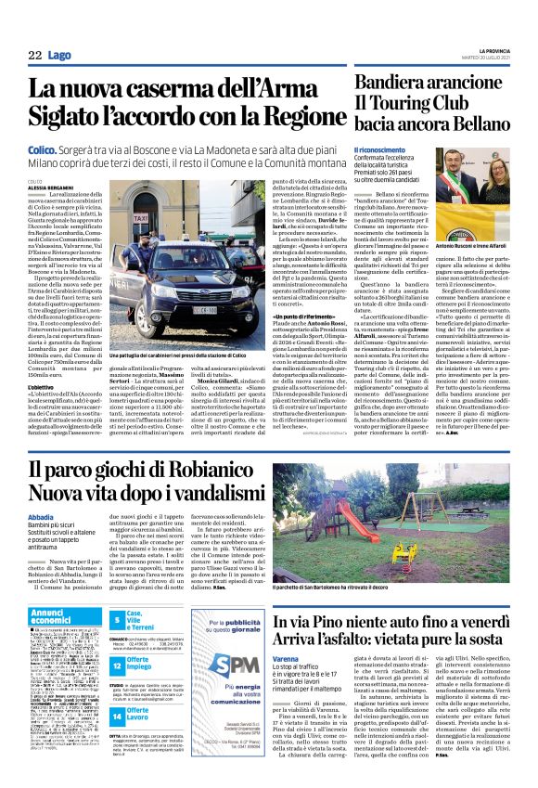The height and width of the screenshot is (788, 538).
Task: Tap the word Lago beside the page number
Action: click(x=59, y=56)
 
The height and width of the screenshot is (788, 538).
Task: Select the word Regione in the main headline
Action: click(x=284, y=118)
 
